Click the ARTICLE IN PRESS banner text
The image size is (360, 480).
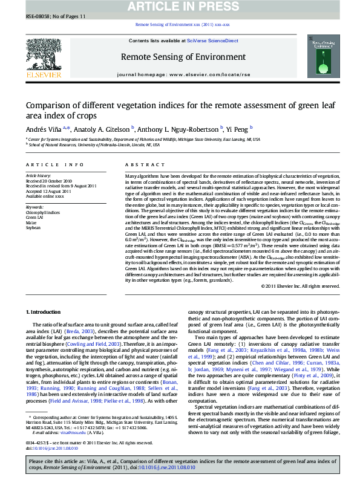[x=180, y=7]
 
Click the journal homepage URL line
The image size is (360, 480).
[x=183, y=74]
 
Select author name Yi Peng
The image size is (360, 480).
[x=238, y=128]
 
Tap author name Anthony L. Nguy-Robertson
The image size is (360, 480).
[x=179, y=128]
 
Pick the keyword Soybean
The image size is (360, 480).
[x=33, y=228]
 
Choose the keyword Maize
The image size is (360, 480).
[x=31, y=223]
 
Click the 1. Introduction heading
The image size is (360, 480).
[x=45, y=311]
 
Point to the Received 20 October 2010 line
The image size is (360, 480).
[x=48, y=181]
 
